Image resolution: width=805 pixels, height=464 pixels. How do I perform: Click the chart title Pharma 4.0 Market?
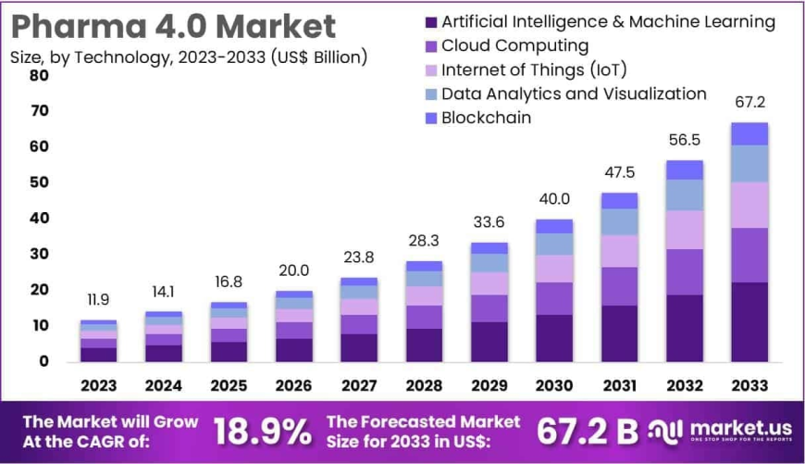tap(173, 25)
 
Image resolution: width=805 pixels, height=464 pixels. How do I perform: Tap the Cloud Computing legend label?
tap(514, 45)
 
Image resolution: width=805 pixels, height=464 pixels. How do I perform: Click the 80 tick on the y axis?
tap(39, 75)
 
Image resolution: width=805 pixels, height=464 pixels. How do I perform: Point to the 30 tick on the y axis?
tap(39, 254)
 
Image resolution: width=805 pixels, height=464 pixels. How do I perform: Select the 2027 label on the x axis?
tap(357, 385)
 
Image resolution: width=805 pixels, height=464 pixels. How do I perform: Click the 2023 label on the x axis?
tap(98, 385)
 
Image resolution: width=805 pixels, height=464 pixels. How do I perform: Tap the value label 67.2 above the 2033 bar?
tap(749, 102)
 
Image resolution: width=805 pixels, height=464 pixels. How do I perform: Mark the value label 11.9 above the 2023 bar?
tap(98, 300)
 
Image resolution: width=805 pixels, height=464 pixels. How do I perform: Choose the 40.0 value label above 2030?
tap(554, 199)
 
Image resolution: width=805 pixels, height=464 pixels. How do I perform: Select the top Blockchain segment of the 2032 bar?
tap(685, 169)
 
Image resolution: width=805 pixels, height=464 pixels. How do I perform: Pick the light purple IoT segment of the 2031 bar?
tap(619, 251)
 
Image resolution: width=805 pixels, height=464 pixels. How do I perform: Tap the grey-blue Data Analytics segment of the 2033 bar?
tap(749, 164)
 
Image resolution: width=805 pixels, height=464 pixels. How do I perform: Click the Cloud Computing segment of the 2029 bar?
tap(489, 308)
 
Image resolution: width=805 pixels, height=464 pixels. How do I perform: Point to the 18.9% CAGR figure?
tap(263, 431)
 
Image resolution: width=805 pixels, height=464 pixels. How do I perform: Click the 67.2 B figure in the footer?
tap(588, 431)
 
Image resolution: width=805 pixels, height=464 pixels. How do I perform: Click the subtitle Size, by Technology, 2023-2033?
tap(189, 57)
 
